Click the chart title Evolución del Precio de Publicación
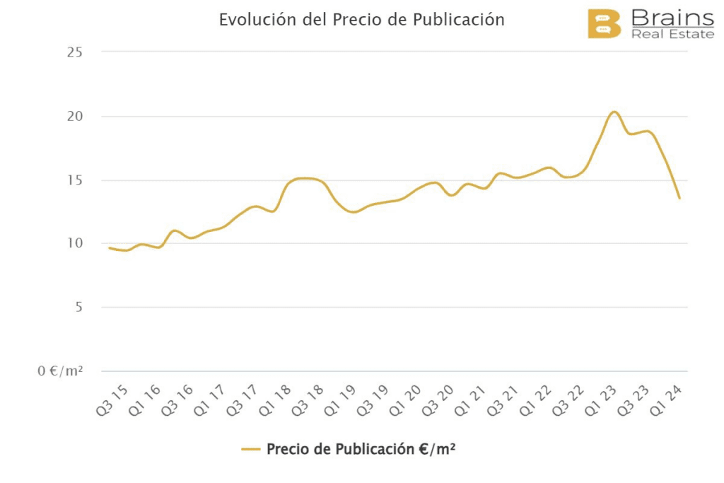(x=361, y=20)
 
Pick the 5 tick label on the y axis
(x=79, y=307)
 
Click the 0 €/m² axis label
(x=60, y=371)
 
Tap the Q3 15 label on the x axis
(x=111, y=401)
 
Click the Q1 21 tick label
(x=470, y=401)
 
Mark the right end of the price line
(x=679, y=198)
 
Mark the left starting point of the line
(x=109, y=248)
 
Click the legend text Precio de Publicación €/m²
(x=361, y=449)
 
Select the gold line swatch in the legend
(x=251, y=449)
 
